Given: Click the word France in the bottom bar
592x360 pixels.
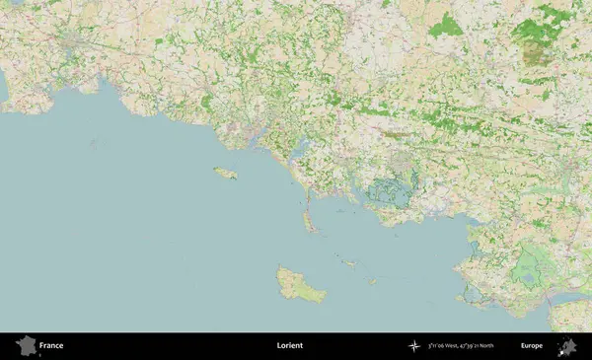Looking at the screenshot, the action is (51, 346).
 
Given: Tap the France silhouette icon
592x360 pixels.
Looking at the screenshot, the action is (26, 346).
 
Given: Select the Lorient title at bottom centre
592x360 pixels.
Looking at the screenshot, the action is (290, 346).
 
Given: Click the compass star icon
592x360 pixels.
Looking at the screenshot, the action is (414, 346).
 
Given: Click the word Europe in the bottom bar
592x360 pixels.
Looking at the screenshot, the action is (532, 346).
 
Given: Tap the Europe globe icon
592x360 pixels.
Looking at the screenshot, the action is (567, 346).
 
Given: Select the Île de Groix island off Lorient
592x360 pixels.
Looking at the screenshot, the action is (226, 174).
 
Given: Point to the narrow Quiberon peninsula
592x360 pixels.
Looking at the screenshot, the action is (309, 217).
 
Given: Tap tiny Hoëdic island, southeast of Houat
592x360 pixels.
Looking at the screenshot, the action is (372, 280).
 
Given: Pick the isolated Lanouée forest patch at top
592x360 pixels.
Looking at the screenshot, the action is (445, 25).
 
